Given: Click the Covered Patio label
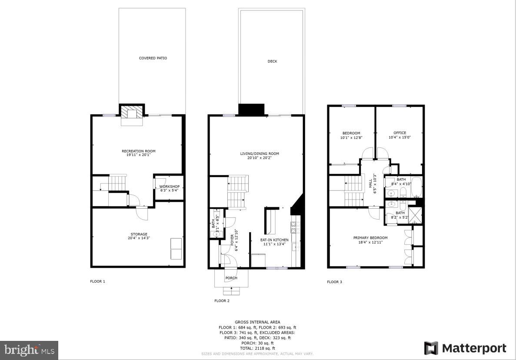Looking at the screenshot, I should pyautogui.click(x=153, y=58).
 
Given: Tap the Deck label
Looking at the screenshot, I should pyautogui.click(x=272, y=61).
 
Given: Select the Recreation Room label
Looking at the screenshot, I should pyautogui.click(x=138, y=151).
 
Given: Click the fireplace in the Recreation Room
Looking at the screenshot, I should pyautogui.click(x=131, y=113).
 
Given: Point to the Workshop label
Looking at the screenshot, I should pyautogui.click(x=169, y=187).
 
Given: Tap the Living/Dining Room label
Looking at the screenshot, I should pyautogui.click(x=260, y=153).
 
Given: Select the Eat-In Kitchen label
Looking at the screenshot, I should pyautogui.click(x=274, y=240).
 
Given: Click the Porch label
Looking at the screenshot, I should pyautogui.click(x=231, y=278).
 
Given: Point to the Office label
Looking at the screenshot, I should pyautogui.click(x=399, y=133).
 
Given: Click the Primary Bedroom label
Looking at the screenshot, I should pyautogui.click(x=370, y=238).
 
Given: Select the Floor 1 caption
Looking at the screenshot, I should pyautogui.click(x=97, y=281).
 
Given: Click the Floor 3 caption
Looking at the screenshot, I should pyautogui.click(x=334, y=282).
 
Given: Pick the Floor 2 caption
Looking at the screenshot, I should pyautogui.click(x=222, y=300).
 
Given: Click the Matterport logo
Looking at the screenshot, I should pyautogui.click(x=465, y=348).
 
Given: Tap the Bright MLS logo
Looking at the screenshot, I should pyautogui.click(x=29, y=350).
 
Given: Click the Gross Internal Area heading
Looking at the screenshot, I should pyautogui.click(x=258, y=322).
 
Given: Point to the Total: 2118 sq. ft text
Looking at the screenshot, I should pyautogui.click(x=258, y=348).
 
